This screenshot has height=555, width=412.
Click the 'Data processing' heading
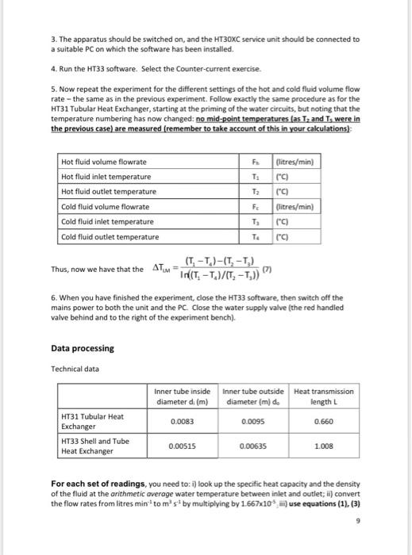pyautogui.click(x=83, y=348)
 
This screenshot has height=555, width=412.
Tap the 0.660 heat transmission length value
pyautogui.click(x=323, y=422)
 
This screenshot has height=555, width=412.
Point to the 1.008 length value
pyautogui.click(x=323, y=446)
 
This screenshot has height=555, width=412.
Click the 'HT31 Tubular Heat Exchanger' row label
pyautogui.click(x=93, y=421)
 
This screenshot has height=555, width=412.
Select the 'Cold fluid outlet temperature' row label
pyautogui.click(x=110, y=236)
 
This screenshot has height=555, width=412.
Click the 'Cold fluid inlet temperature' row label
pyautogui.click(x=107, y=221)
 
